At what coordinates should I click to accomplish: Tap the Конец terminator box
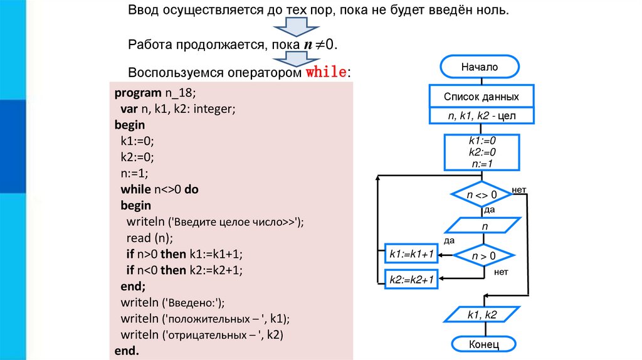click(483, 344)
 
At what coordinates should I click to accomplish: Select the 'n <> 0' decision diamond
click(482, 195)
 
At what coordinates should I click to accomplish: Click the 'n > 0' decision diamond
click(483, 255)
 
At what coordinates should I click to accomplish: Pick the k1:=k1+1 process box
click(411, 254)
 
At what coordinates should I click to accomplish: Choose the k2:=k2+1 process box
click(411, 279)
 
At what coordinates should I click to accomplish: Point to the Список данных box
click(481, 97)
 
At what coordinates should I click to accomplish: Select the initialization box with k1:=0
click(482, 152)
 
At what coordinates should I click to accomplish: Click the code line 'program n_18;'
click(155, 93)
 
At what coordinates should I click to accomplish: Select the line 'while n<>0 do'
click(159, 189)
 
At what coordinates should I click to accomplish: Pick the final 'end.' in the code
click(126, 350)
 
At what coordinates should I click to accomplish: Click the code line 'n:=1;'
click(134, 172)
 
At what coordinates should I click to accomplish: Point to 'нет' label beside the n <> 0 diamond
click(518, 189)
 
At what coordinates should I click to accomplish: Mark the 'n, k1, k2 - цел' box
click(481, 117)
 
